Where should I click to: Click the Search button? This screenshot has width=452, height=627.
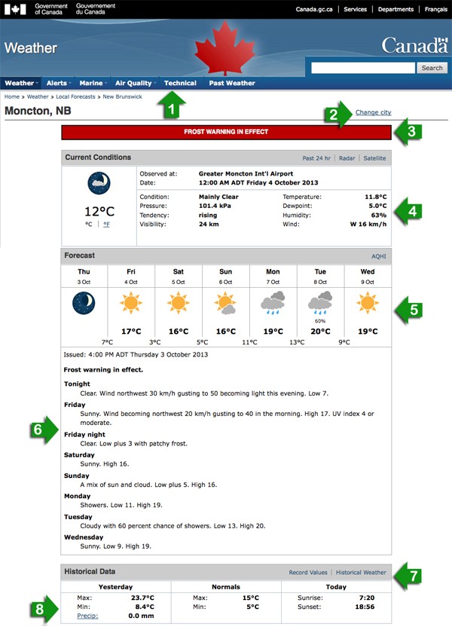[432, 68]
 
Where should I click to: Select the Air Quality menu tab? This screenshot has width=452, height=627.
[133, 83]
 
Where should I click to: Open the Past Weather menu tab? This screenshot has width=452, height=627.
[232, 83]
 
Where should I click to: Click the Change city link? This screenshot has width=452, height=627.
[374, 112]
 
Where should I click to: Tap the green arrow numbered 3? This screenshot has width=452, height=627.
[408, 131]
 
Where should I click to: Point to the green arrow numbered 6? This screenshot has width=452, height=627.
[44, 430]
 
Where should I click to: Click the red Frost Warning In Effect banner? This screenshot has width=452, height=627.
[226, 132]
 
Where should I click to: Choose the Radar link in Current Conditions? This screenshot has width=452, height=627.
[347, 158]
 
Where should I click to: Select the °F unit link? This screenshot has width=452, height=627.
[107, 224]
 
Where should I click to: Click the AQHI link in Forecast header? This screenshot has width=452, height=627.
[378, 256]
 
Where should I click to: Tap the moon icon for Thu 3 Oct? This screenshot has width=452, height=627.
[84, 304]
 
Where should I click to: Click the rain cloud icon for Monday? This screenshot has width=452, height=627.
[273, 304]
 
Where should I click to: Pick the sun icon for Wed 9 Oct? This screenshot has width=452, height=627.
[368, 304]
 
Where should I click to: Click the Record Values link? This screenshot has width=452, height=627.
[308, 573]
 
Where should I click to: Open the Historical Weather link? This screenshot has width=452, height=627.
[361, 573]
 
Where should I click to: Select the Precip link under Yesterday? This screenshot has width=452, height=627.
[87, 616]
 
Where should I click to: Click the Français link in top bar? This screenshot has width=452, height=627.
[435, 10]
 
